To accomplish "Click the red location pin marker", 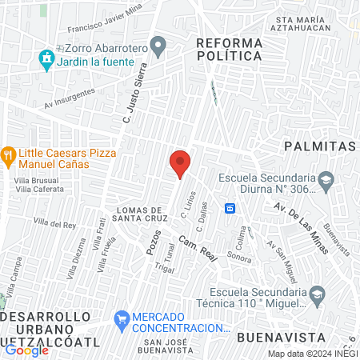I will coord(180,163).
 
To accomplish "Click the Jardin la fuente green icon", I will coord(46,58).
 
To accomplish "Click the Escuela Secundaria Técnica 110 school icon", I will coord(317,294).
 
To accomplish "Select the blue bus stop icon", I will coord(230,208).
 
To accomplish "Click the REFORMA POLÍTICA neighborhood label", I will coord(229,49).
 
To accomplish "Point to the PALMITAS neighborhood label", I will coord(318,146).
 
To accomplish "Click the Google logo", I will coord(26,350).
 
